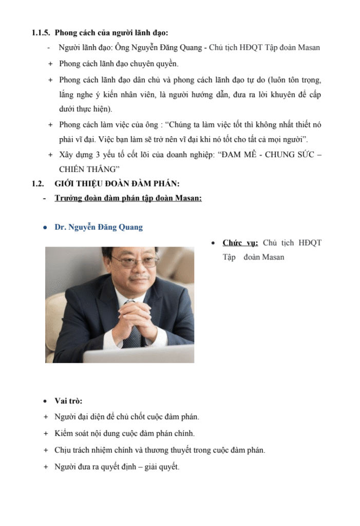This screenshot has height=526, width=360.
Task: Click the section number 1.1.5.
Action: coord(41,33)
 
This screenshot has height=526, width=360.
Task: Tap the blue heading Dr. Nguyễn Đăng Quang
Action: coord(99,227)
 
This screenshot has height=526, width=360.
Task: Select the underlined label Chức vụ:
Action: coord(240,243)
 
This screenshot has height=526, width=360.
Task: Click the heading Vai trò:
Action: coord(68,401)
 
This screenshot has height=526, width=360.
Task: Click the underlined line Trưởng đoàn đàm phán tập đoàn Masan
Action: coord(128,198)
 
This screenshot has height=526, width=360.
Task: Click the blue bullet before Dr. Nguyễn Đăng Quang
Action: coord(45,227)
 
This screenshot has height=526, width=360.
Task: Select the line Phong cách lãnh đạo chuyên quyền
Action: coord(119,64)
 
